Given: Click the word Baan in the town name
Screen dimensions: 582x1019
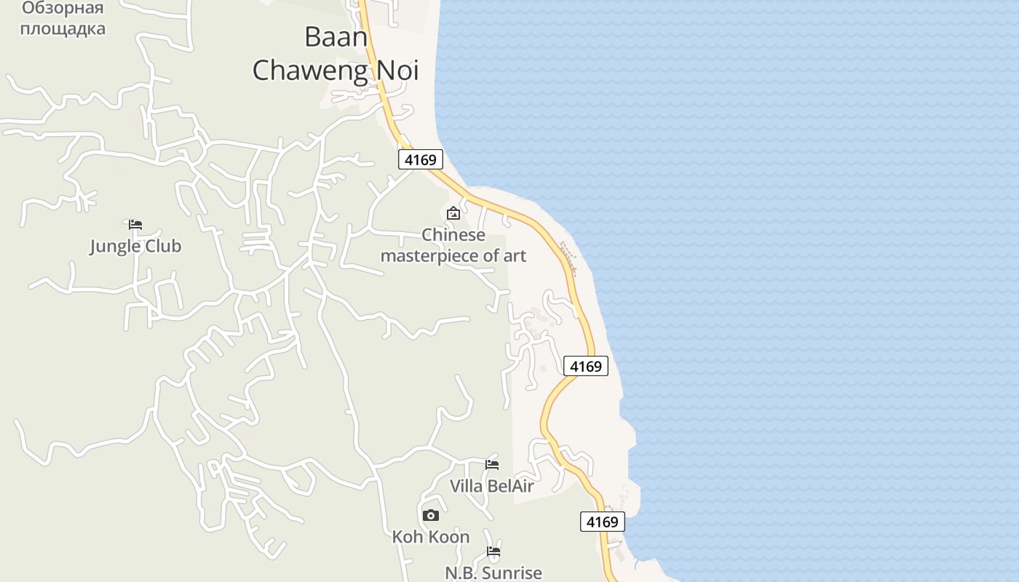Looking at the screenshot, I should (336, 36).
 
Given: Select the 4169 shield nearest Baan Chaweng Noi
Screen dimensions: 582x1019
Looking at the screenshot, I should (421, 159).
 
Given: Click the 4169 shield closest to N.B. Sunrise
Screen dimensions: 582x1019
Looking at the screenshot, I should (603, 522).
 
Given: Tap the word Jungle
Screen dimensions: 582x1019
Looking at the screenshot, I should (114, 246).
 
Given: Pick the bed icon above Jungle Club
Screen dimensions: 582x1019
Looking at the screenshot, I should (135, 225).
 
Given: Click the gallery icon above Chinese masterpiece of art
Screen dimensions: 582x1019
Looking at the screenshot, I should (453, 213).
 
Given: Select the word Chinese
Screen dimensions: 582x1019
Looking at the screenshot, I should (453, 235).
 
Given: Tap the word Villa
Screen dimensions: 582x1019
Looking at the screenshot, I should (467, 486).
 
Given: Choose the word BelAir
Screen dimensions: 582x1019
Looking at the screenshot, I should (510, 486).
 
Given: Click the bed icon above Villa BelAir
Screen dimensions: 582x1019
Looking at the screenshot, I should (492, 464).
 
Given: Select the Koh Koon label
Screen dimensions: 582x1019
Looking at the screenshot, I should (431, 537).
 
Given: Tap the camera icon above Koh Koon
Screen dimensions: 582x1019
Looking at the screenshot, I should (431, 516).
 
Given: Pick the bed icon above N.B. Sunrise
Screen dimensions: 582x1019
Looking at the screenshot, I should (493, 551).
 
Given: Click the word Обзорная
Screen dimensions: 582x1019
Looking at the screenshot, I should (63, 9).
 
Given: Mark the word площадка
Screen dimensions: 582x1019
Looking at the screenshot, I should (63, 29).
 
